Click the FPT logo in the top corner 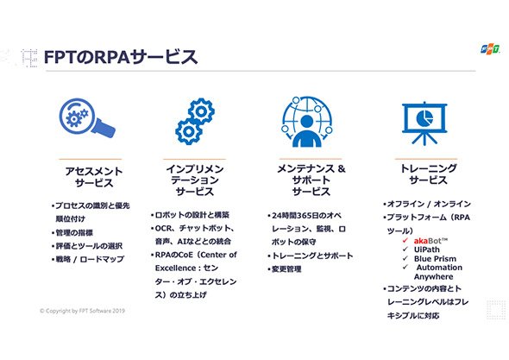490,49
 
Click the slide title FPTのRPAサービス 121,57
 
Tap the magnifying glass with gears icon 87,118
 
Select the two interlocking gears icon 195,121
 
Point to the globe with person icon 307,122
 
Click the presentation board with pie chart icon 424,123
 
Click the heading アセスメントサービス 94,177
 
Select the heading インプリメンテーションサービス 195,180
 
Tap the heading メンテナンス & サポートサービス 311,180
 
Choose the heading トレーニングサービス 428,174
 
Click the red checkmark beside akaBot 405,241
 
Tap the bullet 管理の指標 72,232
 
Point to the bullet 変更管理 285,269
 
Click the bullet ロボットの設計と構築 190,215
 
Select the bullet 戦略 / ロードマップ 88,259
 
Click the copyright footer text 82,311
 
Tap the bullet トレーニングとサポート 311,256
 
